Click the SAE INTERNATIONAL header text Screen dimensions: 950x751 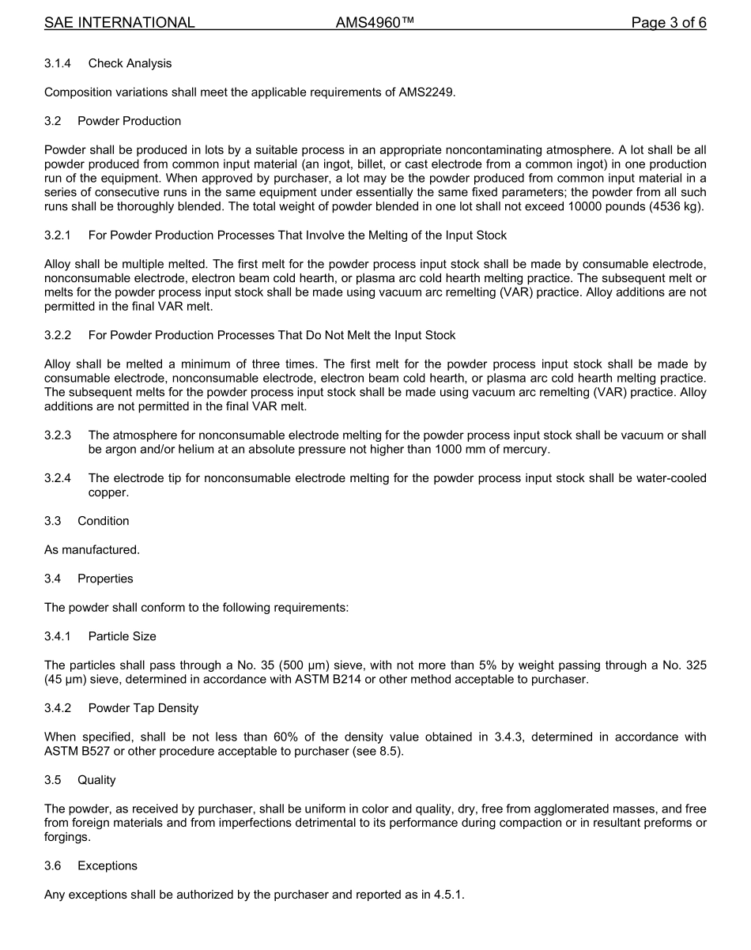pos(119,23)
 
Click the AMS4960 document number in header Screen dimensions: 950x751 pos(375,23)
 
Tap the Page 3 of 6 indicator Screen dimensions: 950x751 pos(668,23)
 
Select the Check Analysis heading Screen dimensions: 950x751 pos(130,63)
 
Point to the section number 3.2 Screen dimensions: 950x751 pos(55,121)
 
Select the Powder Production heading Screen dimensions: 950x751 pos(129,121)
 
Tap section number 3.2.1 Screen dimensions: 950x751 pos(58,236)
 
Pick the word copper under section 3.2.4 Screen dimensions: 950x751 pos(108,492)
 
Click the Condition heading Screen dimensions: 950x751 pos(103,521)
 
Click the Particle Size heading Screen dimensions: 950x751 pos(123,636)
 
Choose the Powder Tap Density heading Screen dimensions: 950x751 pos(143,708)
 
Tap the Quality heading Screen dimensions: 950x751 pos(96,780)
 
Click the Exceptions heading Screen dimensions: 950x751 pos(107,865)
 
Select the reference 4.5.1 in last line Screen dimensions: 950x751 pos(454,895)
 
